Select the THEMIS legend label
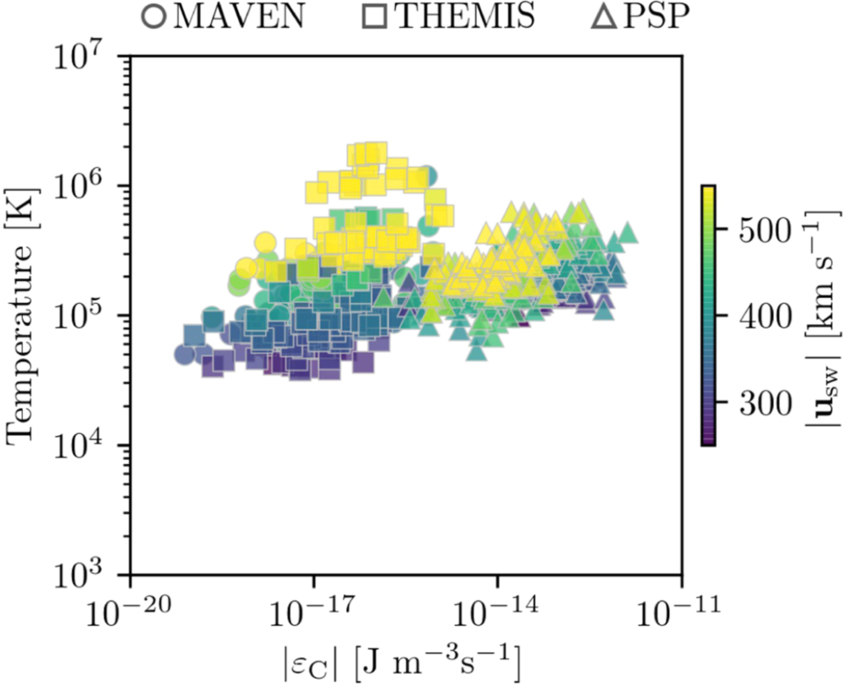coord(466,18)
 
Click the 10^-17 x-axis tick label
coord(314,611)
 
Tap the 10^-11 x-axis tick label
coord(682,611)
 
